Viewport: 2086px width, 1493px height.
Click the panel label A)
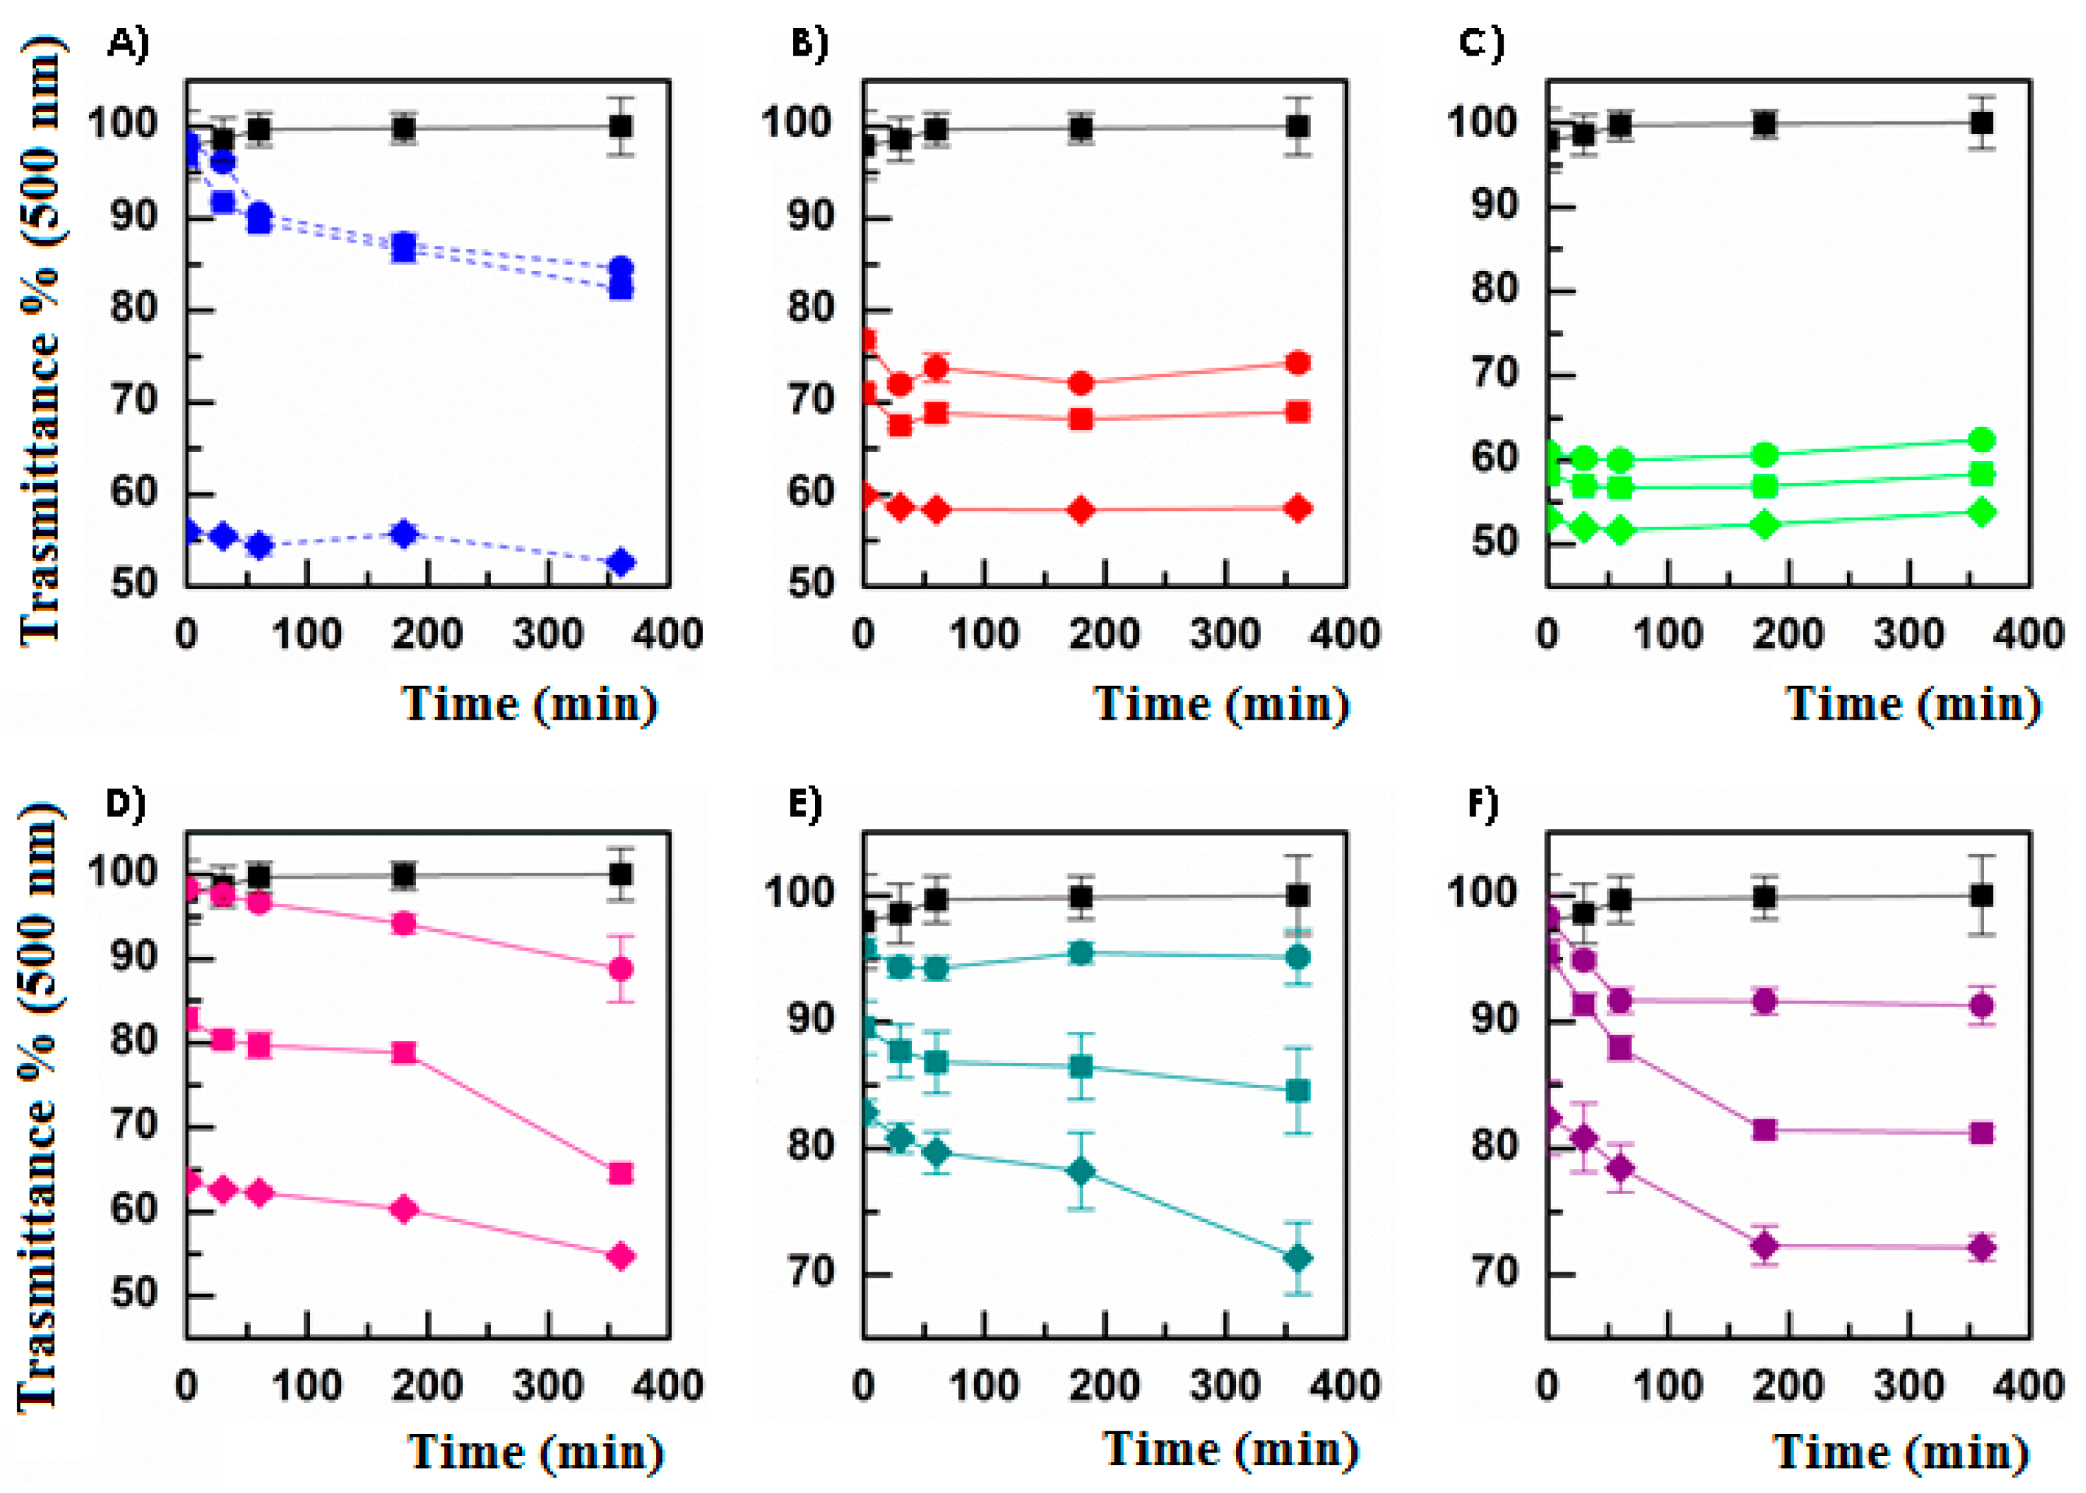pos(127,42)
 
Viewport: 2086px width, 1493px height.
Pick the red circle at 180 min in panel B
pos(1081,382)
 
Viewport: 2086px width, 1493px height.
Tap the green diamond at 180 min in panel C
pos(1764,525)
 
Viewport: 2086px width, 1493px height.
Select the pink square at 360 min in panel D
pos(620,1173)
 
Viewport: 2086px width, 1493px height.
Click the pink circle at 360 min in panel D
pos(620,968)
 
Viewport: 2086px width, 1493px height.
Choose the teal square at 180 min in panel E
pos(1081,1066)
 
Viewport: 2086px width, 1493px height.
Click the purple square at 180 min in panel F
pos(1764,1129)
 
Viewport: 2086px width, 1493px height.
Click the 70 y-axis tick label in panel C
pos(1494,373)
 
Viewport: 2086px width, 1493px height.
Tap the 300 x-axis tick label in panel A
pos(547,634)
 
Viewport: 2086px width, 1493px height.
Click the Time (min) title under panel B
pos(1221,704)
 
